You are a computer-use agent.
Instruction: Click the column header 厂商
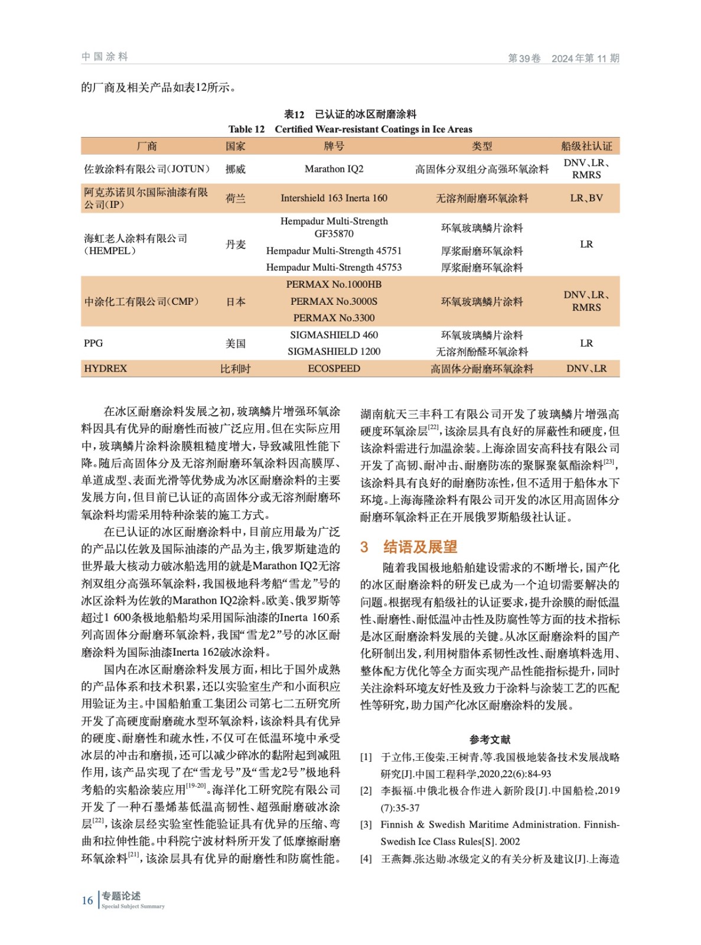click(146, 146)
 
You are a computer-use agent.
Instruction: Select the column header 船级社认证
click(586, 146)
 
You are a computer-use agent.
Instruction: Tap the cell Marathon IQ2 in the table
click(334, 169)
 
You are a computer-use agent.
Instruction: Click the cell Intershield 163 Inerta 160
click(334, 198)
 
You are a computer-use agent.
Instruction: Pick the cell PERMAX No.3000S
click(334, 301)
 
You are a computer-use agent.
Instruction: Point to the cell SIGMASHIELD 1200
click(334, 351)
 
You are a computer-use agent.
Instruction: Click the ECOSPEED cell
click(334, 369)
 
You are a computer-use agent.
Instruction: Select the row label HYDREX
click(105, 369)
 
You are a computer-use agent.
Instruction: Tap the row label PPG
click(93, 343)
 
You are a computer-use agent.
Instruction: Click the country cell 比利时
click(235, 369)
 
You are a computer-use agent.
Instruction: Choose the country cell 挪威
click(235, 169)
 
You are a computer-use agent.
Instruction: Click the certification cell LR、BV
click(586, 198)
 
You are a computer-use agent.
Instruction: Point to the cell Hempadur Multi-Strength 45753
click(334, 268)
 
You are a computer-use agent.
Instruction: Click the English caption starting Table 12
click(350, 129)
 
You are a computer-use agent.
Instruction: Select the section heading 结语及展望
click(420, 547)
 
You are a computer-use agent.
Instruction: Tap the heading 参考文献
click(490, 739)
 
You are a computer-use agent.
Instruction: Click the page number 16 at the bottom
click(87, 900)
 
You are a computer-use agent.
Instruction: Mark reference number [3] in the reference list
click(366, 825)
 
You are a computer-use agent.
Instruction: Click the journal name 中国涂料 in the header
click(105, 57)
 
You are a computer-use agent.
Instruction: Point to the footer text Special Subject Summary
click(133, 906)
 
